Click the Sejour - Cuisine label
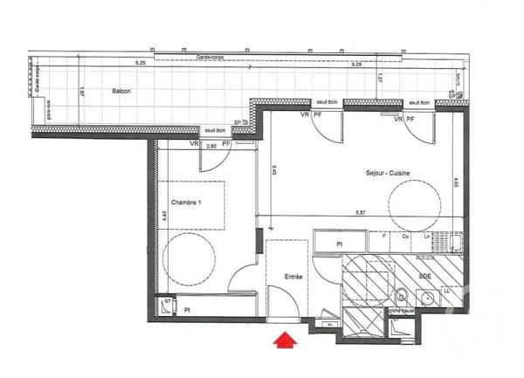(x=389, y=174)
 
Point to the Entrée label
(x=293, y=277)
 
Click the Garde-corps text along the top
(x=209, y=57)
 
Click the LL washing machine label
(x=446, y=290)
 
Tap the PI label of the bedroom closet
(x=186, y=309)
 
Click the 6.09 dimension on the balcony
(x=357, y=65)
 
